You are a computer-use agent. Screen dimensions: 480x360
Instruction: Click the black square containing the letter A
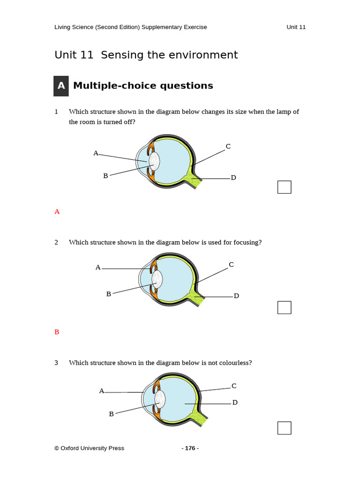pyautogui.click(x=61, y=86)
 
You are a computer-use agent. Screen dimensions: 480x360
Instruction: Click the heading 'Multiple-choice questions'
pyautogui.click(x=143, y=86)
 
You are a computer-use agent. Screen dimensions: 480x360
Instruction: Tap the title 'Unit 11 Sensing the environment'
pyautogui.click(x=146, y=55)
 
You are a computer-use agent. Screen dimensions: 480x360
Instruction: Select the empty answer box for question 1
pyautogui.click(x=284, y=187)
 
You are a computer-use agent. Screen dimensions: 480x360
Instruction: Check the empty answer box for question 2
pyautogui.click(x=284, y=307)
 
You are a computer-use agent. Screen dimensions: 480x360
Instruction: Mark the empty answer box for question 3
pyautogui.click(x=284, y=428)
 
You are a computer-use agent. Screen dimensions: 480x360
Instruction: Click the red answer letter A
pyautogui.click(x=57, y=211)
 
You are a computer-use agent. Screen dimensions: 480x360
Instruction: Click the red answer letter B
pyautogui.click(x=57, y=332)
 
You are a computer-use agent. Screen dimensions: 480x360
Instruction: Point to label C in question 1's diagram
pyautogui.click(x=228, y=146)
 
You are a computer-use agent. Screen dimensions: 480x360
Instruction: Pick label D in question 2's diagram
pyautogui.click(x=236, y=296)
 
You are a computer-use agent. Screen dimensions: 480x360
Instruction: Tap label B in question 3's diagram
pyautogui.click(x=111, y=414)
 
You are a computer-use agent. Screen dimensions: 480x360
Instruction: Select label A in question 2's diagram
pyautogui.click(x=98, y=267)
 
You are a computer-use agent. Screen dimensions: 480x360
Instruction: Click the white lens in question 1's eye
pyautogui.click(x=154, y=161)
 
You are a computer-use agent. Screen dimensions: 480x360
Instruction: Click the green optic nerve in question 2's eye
pyautogui.click(x=196, y=298)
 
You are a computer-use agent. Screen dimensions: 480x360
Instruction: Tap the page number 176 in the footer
pyautogui.click(x=190, y=448)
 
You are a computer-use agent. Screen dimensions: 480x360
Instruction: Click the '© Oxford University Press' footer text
pyautogui.click(x=89, y=448)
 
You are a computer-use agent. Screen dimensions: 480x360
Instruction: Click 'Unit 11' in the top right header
pyautogui.click(x=296, y=27)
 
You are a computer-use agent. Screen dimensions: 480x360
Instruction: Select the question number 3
pyautogui.click(x=56, y=363)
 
